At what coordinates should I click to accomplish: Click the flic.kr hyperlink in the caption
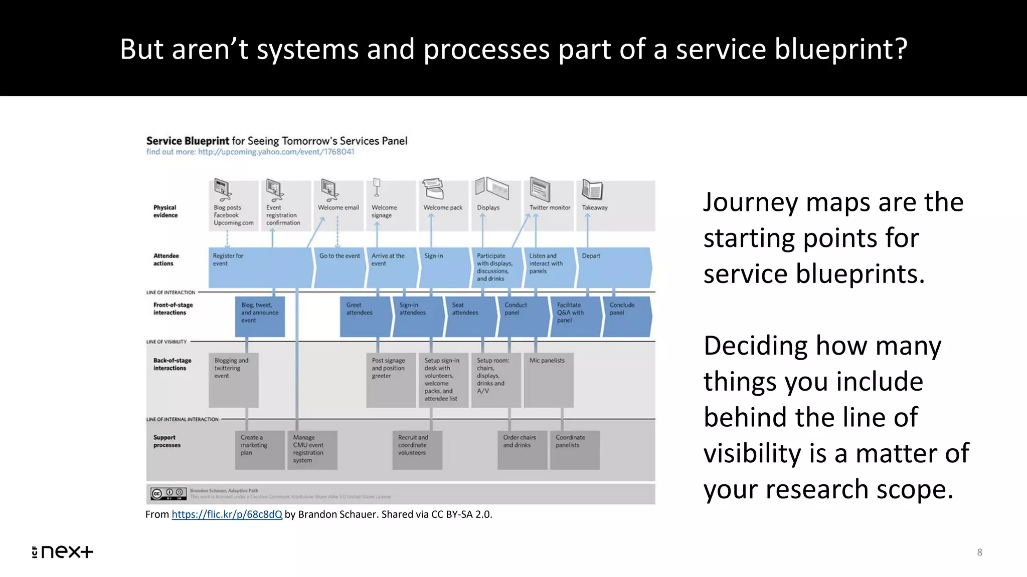pos(227,514)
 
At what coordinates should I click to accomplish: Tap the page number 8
pos(979,552)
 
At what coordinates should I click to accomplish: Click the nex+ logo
pos(63,552)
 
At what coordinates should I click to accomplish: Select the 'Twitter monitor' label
pos(550,207)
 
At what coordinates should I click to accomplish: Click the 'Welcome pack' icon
pos(433,189)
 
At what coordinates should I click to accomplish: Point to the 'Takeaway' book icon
pos(592,190)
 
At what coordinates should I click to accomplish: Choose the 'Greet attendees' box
pos(365,316)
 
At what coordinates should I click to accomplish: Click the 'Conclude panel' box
pos(627,316)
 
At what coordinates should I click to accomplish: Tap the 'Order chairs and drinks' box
pos(522,449)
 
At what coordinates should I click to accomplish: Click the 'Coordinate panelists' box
pos(575,449)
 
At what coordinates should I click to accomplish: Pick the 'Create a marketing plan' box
pos(259,449)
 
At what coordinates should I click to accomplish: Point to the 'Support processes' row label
pos(166,441)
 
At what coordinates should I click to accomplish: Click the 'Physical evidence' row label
pos(165,211)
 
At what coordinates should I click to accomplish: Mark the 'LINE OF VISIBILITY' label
pos(166,342)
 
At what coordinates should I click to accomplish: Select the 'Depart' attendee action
pos(613,266)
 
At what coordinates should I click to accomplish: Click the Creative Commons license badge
pos(168,494)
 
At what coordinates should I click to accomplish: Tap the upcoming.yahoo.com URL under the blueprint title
pos(276,152)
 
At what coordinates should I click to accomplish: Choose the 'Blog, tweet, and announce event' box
pos(260,316)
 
